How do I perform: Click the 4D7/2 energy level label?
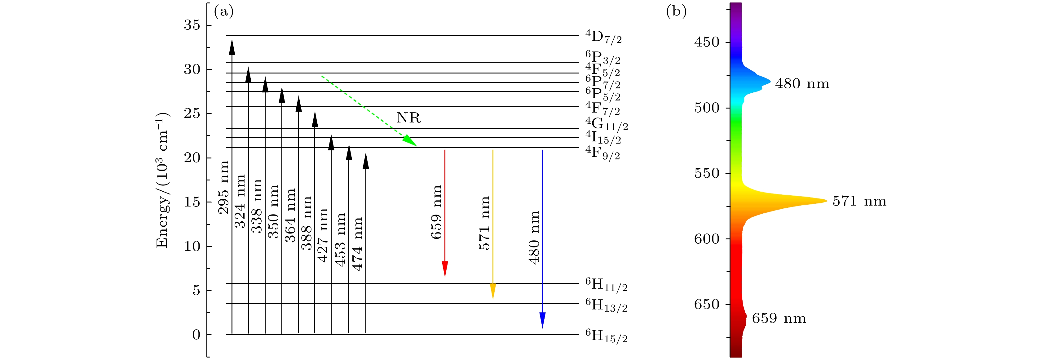click(x=603, y=37)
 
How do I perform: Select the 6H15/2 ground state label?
click(x=606, y=336)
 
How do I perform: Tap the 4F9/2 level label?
click(x=602, y=153)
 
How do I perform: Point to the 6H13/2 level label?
click(x=606, y=305)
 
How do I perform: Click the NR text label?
click(x=408, y=118)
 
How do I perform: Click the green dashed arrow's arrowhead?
click(x=410, y=141)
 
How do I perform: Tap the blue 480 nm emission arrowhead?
click(x=542, y=320)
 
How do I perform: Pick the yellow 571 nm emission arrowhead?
click(x=493, y=291)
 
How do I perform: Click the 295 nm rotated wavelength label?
click(x=223, y=187)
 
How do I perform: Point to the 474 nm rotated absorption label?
click(x=357, y=244)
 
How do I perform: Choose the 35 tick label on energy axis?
click(x=192, y=25)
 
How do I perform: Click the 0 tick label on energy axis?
click(x=196, y=335)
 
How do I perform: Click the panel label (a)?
click(x=224, y=12)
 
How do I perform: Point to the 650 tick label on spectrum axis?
click(x=707, y=305)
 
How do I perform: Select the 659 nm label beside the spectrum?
click(x=779, y=318)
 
